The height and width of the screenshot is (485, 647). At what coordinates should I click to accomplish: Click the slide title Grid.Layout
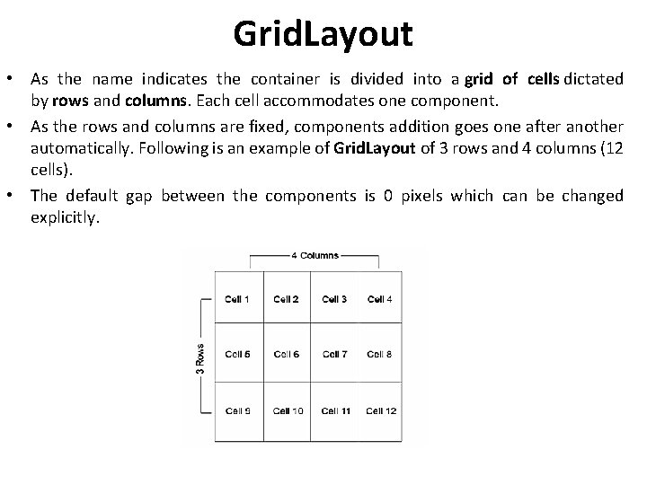coord(323,34)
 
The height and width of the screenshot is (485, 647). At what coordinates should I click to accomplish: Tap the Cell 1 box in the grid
coord(238,299)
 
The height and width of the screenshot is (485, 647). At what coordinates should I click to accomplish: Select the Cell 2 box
coord(286,299)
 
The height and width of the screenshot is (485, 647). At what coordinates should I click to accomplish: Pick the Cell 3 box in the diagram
coord(334,299)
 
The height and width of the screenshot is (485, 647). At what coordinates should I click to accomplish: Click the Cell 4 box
coord(380,299)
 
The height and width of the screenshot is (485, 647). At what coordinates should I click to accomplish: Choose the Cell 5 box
coord(238,355)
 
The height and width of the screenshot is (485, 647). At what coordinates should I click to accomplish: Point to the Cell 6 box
coord(286,355)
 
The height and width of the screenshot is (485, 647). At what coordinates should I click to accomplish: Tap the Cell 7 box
coord(334,355)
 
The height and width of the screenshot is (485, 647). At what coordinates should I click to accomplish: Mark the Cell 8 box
coord(380,355)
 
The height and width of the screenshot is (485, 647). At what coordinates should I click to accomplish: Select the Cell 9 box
coord(238,410)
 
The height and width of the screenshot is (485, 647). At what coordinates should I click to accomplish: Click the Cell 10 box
coord(288,410)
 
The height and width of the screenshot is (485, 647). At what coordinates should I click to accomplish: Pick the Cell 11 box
coord(334,410)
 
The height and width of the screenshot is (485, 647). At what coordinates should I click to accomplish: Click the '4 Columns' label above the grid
coord(315,255)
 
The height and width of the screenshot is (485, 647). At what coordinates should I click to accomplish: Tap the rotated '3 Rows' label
coord(199,356)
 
